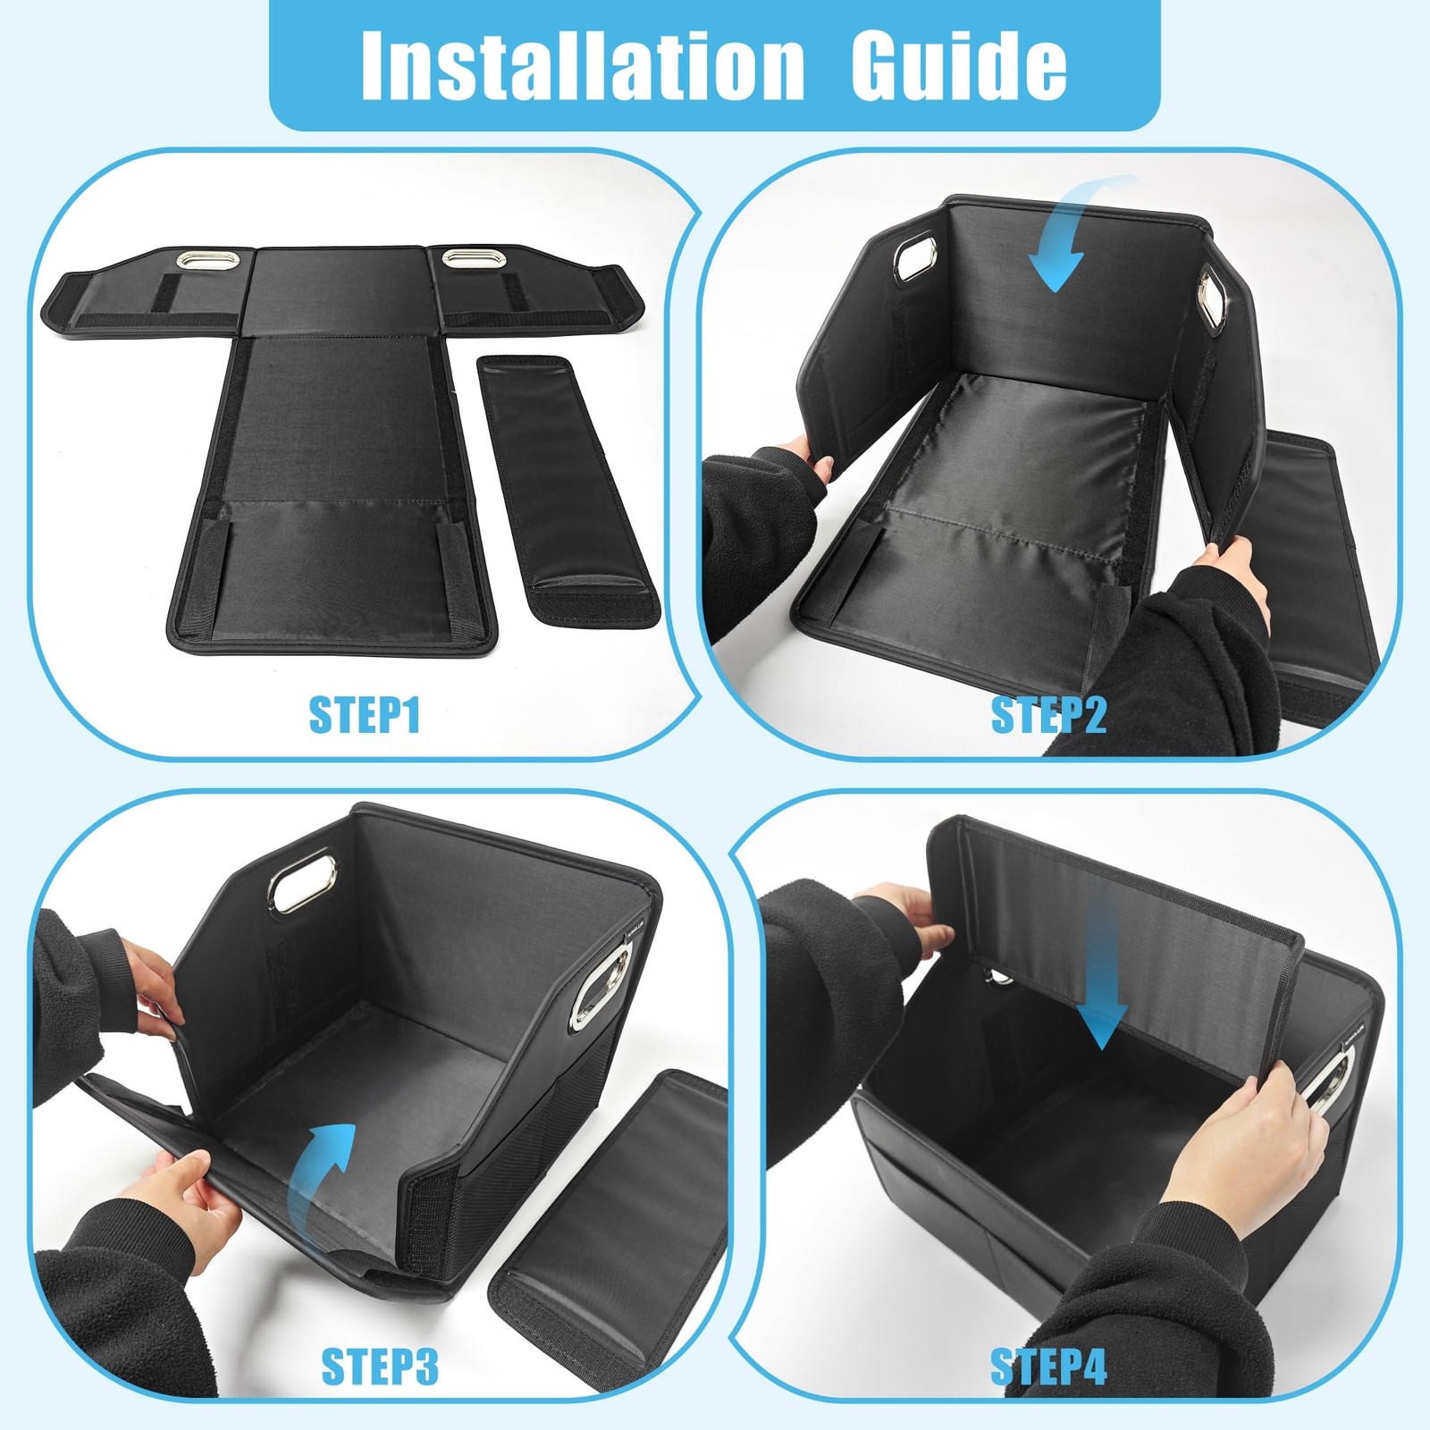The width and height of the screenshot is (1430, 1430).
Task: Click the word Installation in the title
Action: [x=583, y=65]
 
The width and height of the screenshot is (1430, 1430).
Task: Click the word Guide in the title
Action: [x=958, y=65]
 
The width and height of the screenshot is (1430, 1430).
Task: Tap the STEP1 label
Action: [x=364, y=715]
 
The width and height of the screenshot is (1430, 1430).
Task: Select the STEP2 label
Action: [x=1048, y=715]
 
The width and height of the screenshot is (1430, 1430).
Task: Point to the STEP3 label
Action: [x=380, y=1367]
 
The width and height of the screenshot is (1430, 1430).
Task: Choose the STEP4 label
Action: [x=1048, y=1367]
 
